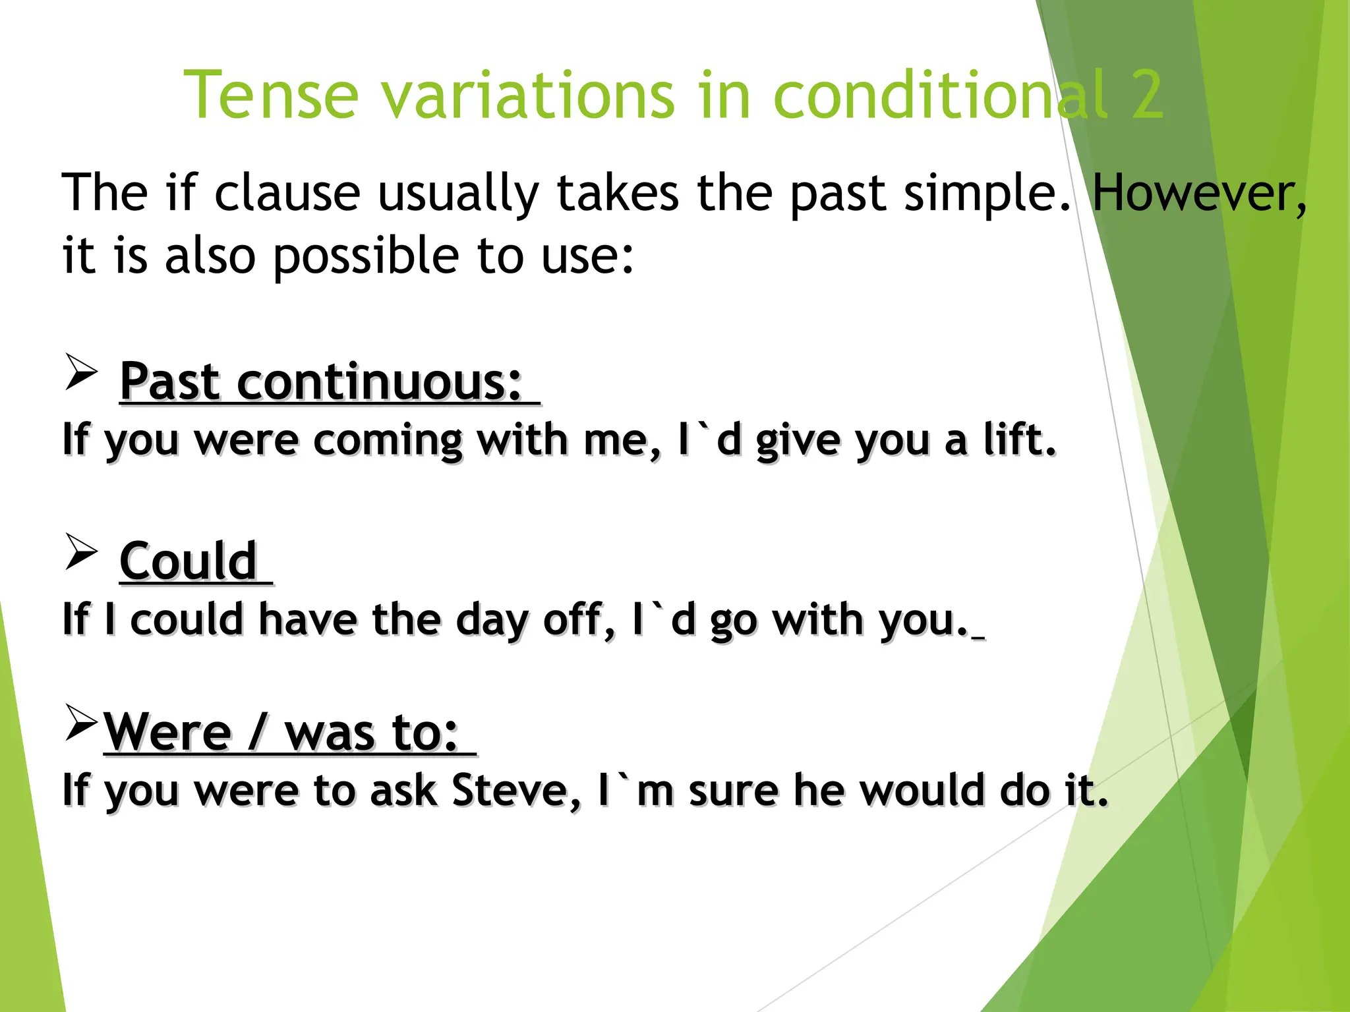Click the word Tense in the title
(x=271, y=96)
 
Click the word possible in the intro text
(x=366, y=257)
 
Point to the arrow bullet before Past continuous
(x=81, y=372)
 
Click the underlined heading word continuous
(x=380, y=382)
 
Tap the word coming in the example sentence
(x=388, y=440)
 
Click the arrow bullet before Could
(x=81, y=552)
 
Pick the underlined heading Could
(x=189, y=561)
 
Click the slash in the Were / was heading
(x=258, y=733)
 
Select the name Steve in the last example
(x=515, y=790)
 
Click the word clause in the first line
(x=287, y=194)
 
